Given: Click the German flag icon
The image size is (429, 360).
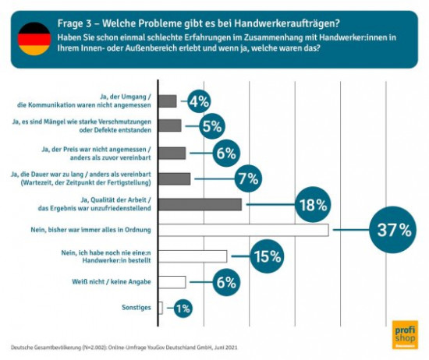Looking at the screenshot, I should pos(34,39).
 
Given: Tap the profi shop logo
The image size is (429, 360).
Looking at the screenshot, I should pos(404,334).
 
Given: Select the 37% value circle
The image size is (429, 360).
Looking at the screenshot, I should pos(394,230).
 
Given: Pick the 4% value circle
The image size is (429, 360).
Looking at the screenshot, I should pos(199,101).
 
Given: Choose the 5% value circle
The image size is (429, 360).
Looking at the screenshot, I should pos(211,125).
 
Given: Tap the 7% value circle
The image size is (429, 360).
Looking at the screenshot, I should pos(247,178).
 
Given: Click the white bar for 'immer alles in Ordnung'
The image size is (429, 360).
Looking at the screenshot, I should pos(243,231).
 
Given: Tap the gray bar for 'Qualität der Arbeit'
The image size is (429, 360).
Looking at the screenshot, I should pos(200,205).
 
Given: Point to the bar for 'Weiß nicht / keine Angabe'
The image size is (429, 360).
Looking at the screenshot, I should pos(172,282).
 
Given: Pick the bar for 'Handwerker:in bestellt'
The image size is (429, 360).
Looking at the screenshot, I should pos(193,256).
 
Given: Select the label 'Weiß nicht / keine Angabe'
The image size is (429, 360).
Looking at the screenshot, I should pos(115,282).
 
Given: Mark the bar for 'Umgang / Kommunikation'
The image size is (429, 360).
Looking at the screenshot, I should pos(167,101).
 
